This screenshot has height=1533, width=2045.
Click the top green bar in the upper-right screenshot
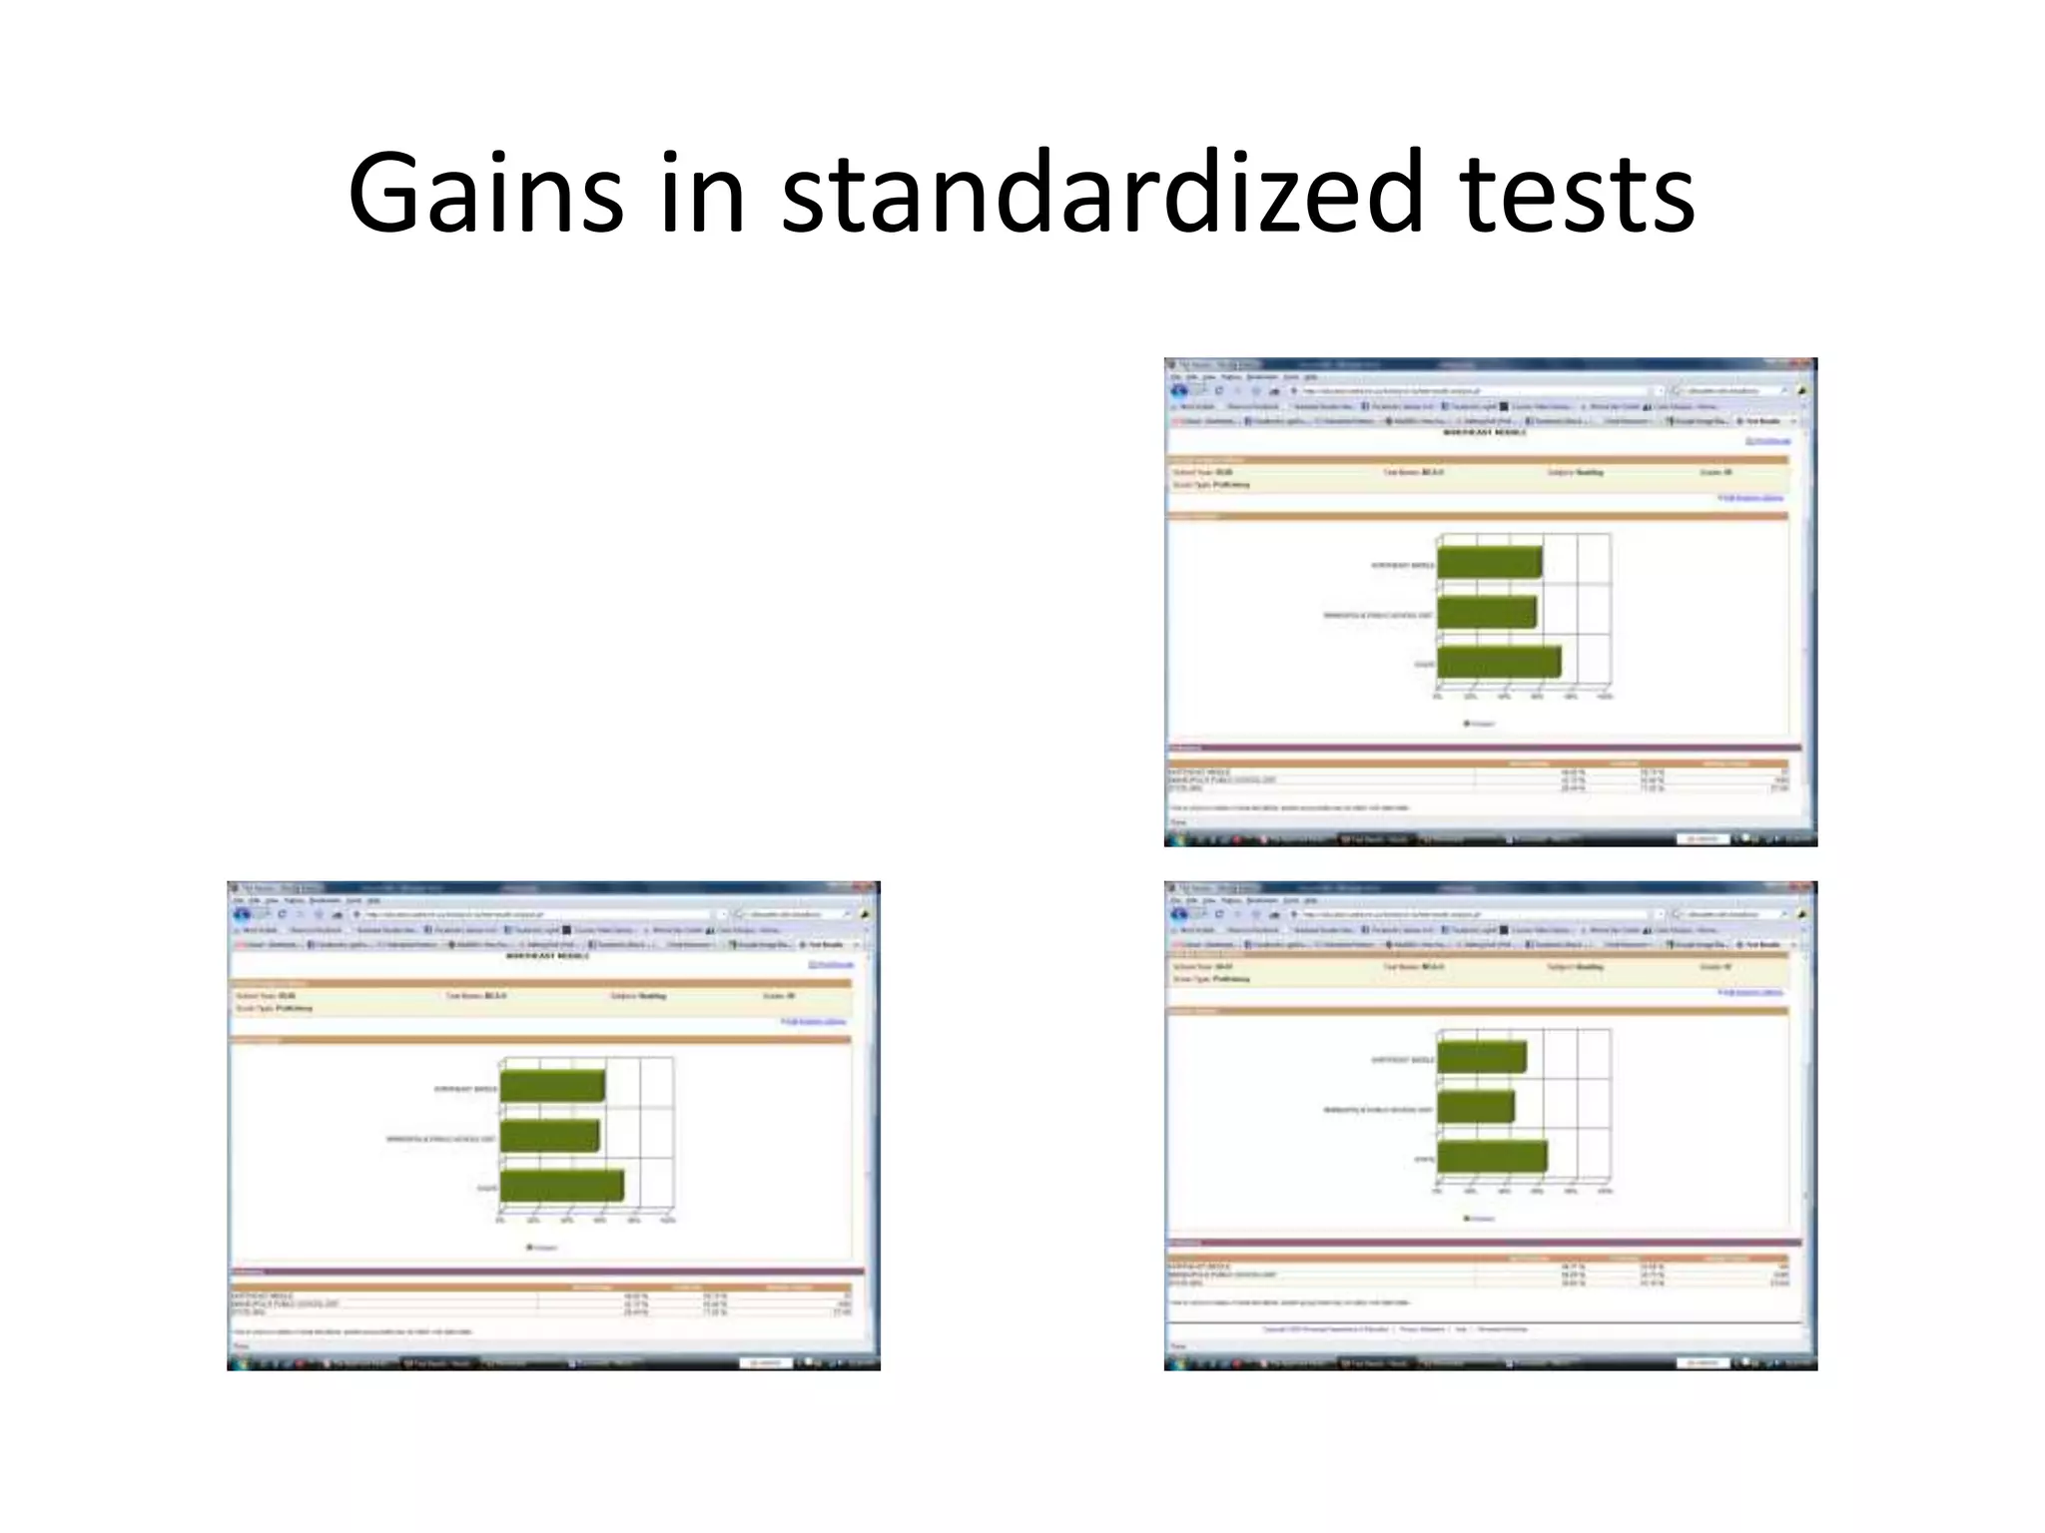coord(1489,563)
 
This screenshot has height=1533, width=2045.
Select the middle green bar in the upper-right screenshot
coord(1486,613)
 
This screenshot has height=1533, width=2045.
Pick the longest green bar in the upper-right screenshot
coord(1498,662)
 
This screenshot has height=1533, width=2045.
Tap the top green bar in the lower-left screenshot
coord(552,1086)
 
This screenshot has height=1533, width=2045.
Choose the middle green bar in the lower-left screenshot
coord(549,1136)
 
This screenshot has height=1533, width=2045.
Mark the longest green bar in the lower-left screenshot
coord(561,1186)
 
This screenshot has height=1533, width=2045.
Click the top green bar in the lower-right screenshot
coord(1481,1057)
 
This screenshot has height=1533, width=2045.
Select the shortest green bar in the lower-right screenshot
coord(1476,1106)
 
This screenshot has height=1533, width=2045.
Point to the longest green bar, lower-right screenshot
coord(1492,1156)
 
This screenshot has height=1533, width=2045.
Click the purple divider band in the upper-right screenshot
coord(1483,748)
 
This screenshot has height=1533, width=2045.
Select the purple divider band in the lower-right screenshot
coord(1483,1243)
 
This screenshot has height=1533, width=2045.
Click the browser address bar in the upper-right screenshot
coord(1478,391)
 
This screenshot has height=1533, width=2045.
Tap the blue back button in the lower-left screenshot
coord(243,914)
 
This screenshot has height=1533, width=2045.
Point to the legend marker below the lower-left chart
coord(530,1248)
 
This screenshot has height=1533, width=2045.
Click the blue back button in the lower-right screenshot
coord(1179,913)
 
